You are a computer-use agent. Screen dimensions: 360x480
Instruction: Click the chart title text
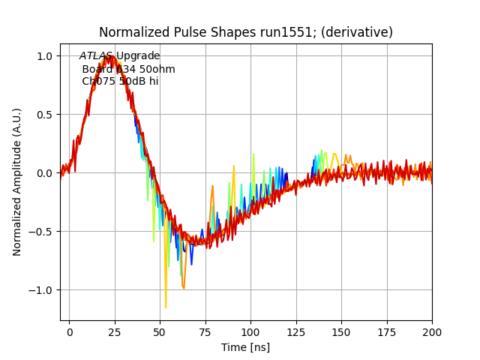[246, 32]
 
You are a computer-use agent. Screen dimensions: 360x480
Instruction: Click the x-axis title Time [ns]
[245, 347]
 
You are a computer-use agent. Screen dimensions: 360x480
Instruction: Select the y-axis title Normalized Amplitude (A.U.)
[17, 181]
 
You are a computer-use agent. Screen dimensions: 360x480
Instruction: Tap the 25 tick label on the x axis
[115, 331]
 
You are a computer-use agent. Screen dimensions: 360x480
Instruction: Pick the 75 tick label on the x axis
[205, 331]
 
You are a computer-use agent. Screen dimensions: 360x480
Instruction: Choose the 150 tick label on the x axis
[341, 331]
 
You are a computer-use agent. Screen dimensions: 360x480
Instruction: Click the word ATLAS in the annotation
[96, 56]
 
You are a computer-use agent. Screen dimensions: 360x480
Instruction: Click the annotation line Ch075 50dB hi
[120, 81]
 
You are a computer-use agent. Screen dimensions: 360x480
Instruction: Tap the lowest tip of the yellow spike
[166, 307]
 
